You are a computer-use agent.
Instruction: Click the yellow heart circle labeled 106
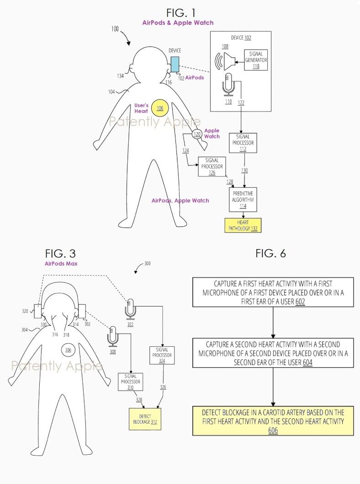(x=160, y=108)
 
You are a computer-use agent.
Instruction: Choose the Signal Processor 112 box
(x=245, y=143)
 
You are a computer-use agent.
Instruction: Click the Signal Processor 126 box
(x=212, y=166)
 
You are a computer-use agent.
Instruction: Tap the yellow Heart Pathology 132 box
(x=243, y=225)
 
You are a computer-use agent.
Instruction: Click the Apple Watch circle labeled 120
(x=197, y=134)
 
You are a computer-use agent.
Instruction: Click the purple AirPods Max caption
(x=62, y=264)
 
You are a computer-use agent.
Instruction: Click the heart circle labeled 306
(x=69, y=350)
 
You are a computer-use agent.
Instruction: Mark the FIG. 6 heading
(x=270, y=254)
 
